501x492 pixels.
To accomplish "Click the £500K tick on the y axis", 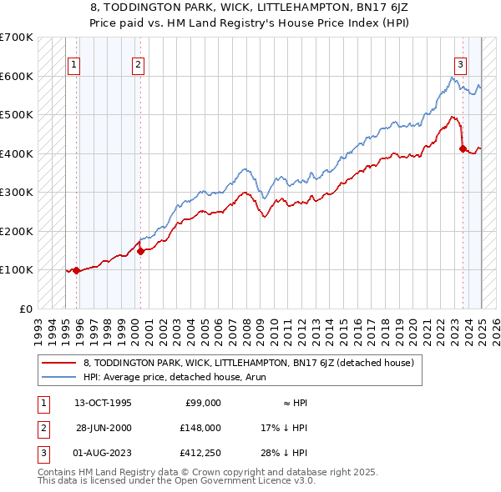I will pyautogui.click(x=16, y=114).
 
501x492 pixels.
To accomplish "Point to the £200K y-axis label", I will pyautogui.click(x=16, y=231).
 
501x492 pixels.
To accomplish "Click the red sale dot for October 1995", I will pyautogui.click(x=76, y=270).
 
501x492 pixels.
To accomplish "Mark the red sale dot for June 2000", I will pyautogui.click(x=140, y=251).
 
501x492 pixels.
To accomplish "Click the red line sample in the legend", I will pyautogui.click(x=59, y=363).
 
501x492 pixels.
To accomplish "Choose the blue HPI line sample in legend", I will pyautogui.click(x=59, y=377).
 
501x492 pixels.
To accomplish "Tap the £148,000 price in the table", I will pyautogui.click(x=201, y=428).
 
